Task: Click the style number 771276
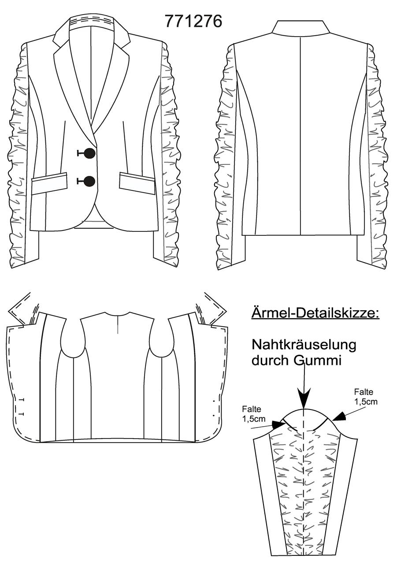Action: (193, 21)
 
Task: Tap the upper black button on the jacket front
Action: (90, 153)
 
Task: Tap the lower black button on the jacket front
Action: (89, 181)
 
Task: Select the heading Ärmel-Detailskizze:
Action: (315, 313)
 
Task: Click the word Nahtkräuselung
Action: (304, 345)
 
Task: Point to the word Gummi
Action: (317, 361)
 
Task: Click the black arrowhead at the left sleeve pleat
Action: (279, 425)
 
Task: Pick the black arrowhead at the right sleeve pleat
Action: (339, 417)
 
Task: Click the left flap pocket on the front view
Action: (49, 184)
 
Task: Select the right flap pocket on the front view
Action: (137, 183)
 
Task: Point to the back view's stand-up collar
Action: (301, 28)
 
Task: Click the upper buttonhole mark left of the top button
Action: (81, 153)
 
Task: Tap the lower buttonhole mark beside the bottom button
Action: (80, 181)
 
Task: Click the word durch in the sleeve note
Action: (271, 361)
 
